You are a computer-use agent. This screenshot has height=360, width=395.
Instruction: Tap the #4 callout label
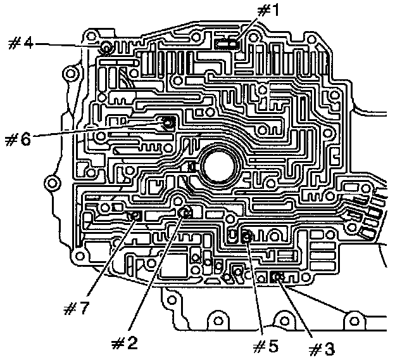[21, 42]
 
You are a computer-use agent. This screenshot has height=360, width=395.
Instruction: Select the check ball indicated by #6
[168, 122]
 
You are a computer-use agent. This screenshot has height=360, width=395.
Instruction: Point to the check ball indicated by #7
[135, 217]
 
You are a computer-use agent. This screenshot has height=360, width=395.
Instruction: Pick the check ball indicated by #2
[185, 212]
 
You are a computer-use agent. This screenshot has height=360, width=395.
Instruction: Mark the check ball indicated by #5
[248, 237]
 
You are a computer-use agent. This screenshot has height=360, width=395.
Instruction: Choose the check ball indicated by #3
[276, 277]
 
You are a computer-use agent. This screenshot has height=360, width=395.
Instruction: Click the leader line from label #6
[95, 131]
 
